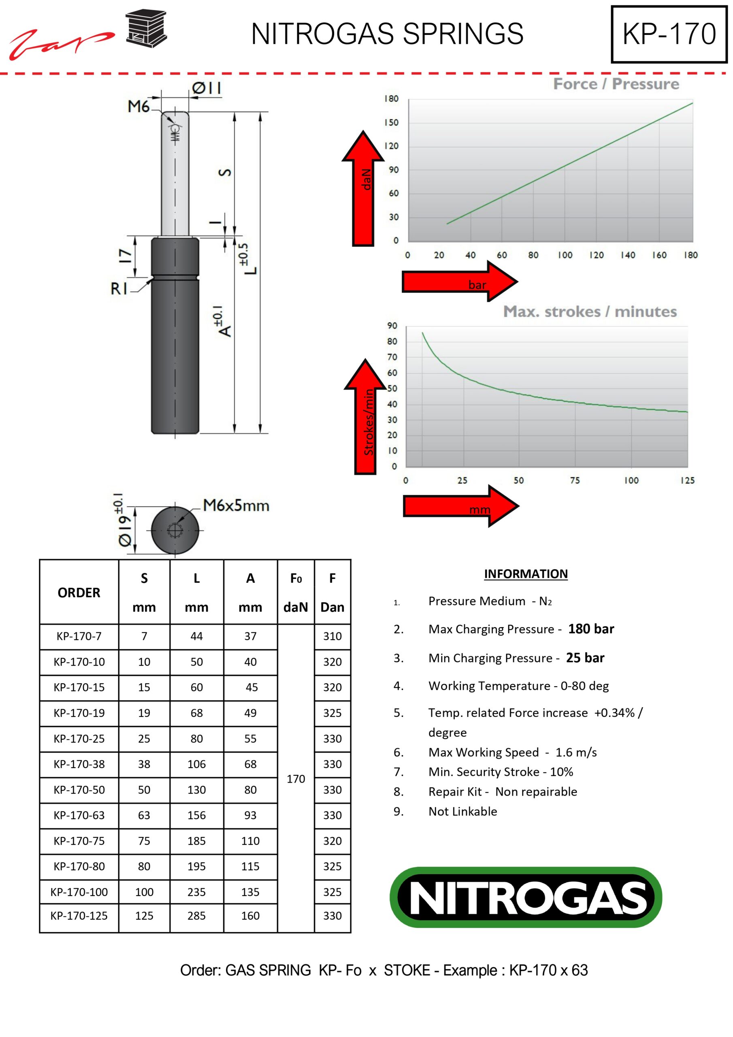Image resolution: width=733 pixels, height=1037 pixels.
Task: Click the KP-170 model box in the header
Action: (669, 34)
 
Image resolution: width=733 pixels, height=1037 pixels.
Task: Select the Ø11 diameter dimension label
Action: (207, 87)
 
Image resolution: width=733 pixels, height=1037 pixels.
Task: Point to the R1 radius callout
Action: (119, 288)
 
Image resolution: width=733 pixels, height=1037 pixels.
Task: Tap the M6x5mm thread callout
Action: (236, 506)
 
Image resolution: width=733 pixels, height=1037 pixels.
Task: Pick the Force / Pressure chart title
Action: (616, 84)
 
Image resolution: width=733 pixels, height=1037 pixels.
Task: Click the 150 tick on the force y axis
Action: (391, 122)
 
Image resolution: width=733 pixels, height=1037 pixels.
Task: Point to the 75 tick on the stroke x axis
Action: (575, 480)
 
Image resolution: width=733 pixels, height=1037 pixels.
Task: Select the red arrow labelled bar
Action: (460, 282)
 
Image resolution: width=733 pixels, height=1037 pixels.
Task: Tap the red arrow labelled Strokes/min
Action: (365, 416)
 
